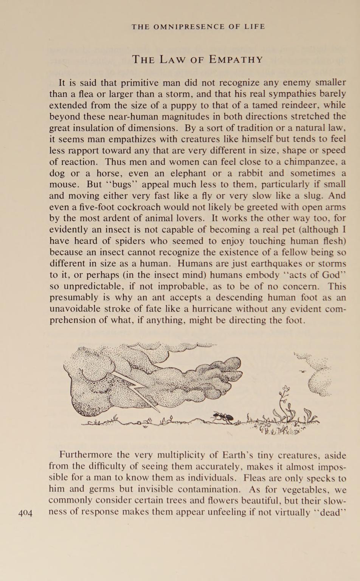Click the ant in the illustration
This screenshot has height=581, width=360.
point(223,418)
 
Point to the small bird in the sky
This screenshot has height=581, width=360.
point(302,371)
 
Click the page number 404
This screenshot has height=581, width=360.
point(26,513)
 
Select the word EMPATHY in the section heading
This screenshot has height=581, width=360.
point(236,60)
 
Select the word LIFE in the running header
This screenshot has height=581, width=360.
point(254,27)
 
